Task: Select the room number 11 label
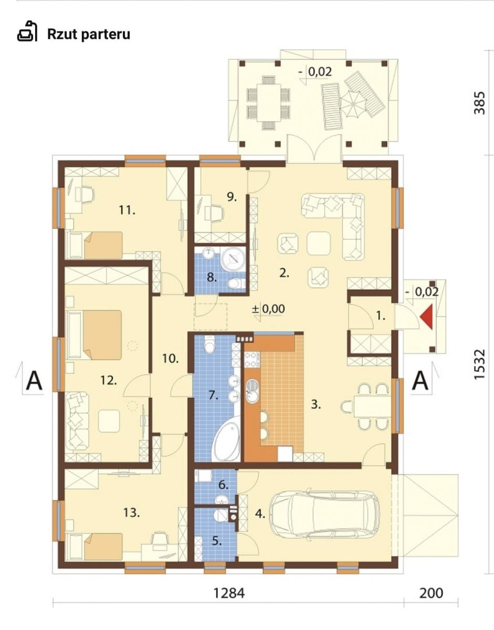tap(127, 210)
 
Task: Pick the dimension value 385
tap(479, 103)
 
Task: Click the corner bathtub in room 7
tap(226, 438)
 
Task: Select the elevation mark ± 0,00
tap(268, 309)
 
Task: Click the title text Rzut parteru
tap(89, 34)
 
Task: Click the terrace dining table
tap(268, 102)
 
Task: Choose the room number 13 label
tap(131, 513)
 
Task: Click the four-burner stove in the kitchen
tap(252, 360)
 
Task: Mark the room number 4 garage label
tap(260, 514)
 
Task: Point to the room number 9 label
tap(232, 197)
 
